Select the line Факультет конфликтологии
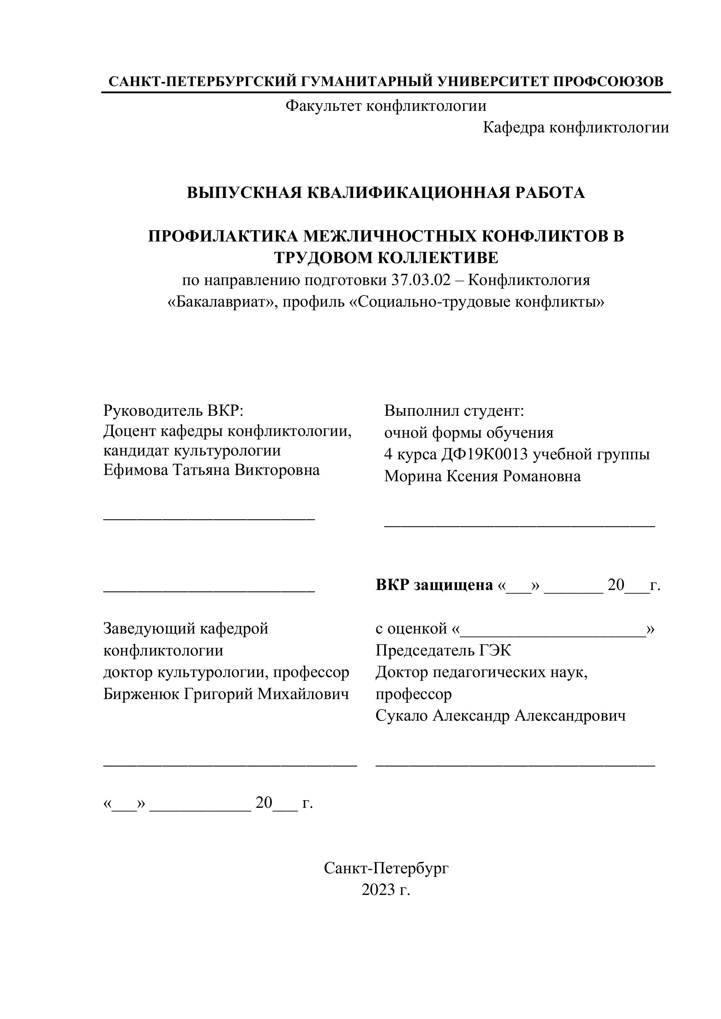click(386, 106)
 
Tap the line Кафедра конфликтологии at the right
click(576, 128)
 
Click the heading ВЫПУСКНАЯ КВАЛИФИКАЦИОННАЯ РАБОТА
click(386, 193)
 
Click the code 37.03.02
click(421, 281)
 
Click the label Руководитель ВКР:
click(174, 411)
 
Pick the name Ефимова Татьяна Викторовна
click(211, 470)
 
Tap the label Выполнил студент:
click(454, 411)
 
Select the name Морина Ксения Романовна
click(482, 476)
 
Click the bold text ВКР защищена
click(434, 585)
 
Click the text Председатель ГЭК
click(443, 651)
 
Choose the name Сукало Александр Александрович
click(500, 715)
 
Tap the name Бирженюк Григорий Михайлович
click(226, 694)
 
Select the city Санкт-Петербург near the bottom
click(386, 868)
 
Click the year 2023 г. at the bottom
click(386, 890)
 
